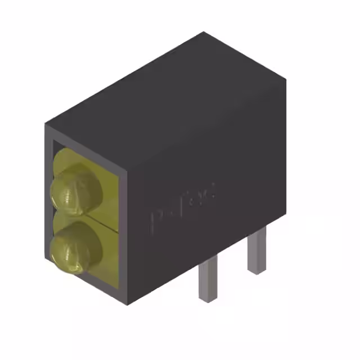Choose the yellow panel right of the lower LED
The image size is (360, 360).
click(x=112, y=253)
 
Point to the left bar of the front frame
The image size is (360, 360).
click(x=48, y=202)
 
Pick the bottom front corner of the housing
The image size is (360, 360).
click(x=130, y=304)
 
